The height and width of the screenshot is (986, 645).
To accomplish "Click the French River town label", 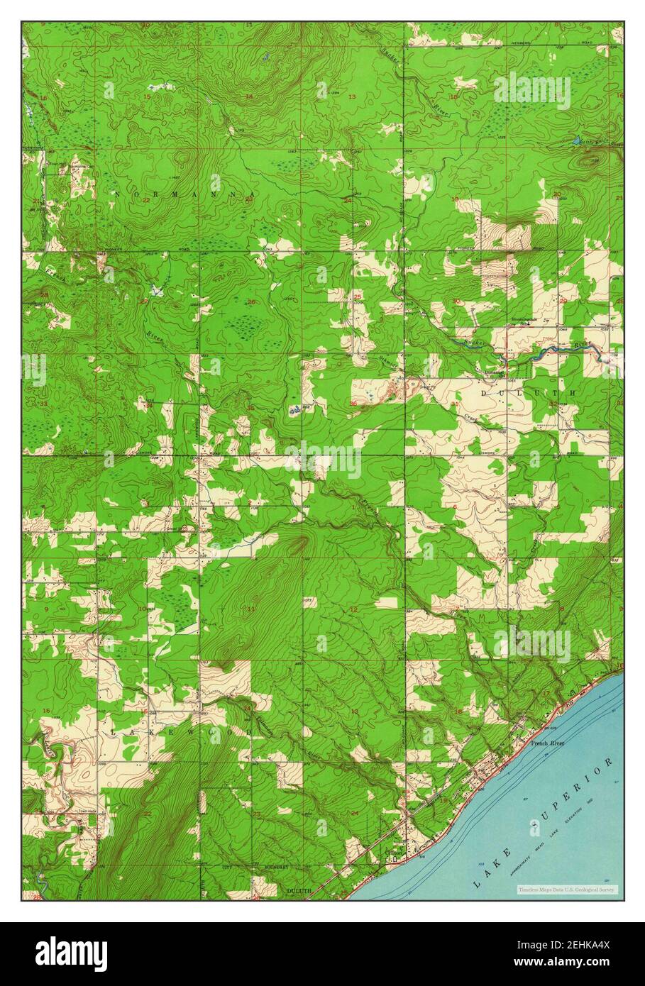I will [546, 743].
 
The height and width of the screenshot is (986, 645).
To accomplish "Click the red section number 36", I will [353, 404].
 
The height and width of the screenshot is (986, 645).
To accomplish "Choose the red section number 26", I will [250, 302].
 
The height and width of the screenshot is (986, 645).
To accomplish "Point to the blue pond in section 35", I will [296, 409].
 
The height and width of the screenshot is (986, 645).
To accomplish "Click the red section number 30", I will [456, 301].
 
